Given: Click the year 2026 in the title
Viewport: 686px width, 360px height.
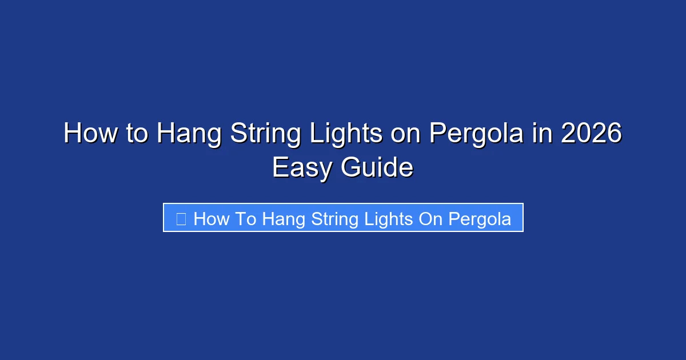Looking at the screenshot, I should pos(591,134).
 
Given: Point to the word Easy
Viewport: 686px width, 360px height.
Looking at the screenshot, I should pos(303,169).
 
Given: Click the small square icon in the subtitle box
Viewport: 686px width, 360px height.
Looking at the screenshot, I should pos(181,218).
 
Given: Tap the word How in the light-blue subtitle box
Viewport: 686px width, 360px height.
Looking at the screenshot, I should pos(212,219).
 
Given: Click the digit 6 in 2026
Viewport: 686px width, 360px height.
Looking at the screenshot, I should pos(613,134).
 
